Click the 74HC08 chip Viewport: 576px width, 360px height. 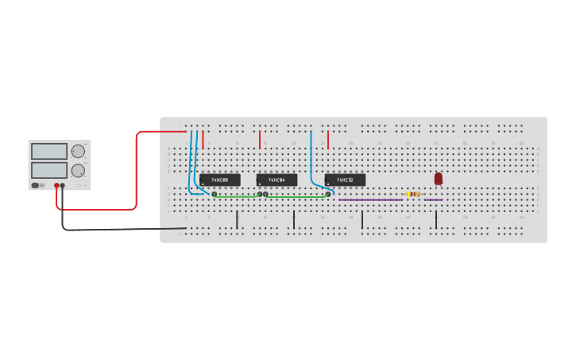pos(219,180)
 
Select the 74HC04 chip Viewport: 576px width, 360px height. pos(276,180)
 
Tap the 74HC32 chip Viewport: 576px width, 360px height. pos(345,180)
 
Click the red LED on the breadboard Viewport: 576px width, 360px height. pos(438,179)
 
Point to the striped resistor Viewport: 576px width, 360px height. pos(413,194)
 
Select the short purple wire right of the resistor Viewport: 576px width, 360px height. pos(433,199)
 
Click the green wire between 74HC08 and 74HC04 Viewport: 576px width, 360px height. pos(237,195)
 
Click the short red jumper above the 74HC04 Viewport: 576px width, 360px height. pos(260,140)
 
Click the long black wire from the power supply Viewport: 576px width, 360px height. pos(111,230)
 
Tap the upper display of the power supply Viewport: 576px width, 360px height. pos(49,151)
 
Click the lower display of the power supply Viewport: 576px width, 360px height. pos(49,170)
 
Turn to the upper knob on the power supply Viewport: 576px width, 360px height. pos(78,151)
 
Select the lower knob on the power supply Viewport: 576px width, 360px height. pos(78,170)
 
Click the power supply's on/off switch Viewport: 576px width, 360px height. pos(37,185)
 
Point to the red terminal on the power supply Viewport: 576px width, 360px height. pos(56,186)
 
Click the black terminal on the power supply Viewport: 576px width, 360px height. pos(63,186)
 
